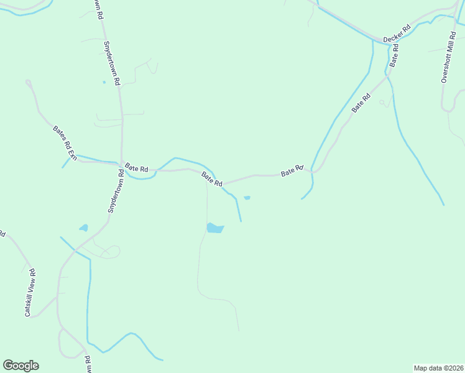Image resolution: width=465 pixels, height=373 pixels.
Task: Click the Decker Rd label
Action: pyautogui.click(x=397, y=34)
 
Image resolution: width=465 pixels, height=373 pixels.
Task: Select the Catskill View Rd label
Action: pyautogui.click(x=30, y=293)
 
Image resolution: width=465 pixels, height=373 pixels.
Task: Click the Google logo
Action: pyautogui.click(x=21, y=366)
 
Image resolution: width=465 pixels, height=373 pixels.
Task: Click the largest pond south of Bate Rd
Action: pyautogui.click(x=214, y=228)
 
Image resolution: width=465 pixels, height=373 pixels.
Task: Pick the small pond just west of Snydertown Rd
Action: pyautogui.click(x=84, y=228)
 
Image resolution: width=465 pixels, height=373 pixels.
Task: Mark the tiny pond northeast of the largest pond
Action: pyautogui.click(x=247, y=198)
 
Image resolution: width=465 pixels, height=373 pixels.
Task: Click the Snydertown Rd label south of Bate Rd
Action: pyautogui.click(x=116, y=193)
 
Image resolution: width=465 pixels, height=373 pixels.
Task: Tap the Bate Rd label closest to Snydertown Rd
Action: pyautogui.click(x=136, y=168)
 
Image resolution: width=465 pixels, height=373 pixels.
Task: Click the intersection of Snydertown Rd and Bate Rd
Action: pyautogui.click(x=121, y=165)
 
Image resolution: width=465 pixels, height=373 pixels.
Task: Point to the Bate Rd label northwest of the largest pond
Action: pyautogui.click(x=212, y=180)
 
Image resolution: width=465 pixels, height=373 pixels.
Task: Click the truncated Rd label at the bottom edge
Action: pyautogui.click(x=88, y=364)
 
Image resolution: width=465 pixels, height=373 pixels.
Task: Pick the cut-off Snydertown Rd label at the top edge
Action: pyautogui.click(x=98, y=9)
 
